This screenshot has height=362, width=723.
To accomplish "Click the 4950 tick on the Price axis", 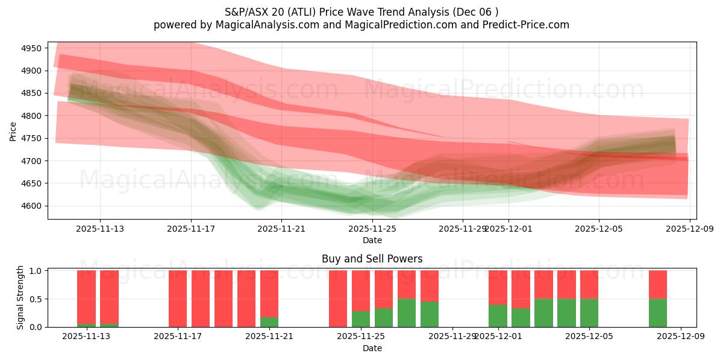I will (31, 48).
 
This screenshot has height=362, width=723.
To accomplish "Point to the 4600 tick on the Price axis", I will (31, 206).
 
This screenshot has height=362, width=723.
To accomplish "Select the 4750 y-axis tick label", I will (31, 138).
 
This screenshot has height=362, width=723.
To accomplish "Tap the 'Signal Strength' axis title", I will (20, 298).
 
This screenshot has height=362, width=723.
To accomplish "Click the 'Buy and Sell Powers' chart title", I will (372, 259).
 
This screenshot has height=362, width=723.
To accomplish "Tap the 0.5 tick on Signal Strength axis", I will (36, 299).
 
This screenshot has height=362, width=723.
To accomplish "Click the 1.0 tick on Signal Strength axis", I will (36, 271).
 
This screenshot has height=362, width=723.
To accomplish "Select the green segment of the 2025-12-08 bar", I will (658, 313).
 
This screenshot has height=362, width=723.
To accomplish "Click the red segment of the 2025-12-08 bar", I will (658, 284).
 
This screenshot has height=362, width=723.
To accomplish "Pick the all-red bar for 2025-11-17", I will (178, 299).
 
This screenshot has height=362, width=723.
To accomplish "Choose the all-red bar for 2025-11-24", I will (338, 299).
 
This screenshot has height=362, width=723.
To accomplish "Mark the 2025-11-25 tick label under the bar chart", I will (360, 336).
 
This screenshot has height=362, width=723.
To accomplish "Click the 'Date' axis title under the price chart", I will (372, 240).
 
